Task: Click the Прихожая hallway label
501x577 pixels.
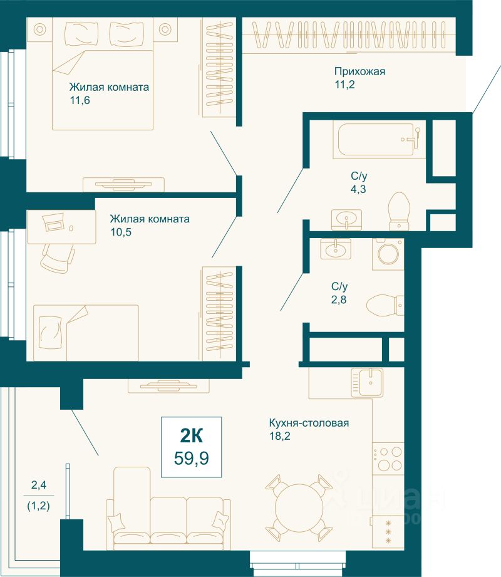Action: click(359, 71)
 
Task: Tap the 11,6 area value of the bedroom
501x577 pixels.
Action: click(80, 100)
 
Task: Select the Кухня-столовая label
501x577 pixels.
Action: click(309, 423)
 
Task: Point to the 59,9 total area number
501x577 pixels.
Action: click(191, 459)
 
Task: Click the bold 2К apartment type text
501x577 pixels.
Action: click(191, 436)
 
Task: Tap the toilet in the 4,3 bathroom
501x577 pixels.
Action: click(399, 211)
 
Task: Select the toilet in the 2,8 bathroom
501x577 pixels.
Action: click(385, 304)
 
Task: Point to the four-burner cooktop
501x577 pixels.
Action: click(388, 458)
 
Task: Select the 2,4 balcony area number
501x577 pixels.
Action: click(39, 485)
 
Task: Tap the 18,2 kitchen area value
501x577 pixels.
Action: click(279, 437)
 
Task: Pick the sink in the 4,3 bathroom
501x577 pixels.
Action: click(346, 220)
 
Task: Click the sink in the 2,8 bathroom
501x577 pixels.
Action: click(336, 249)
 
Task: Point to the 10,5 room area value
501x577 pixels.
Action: click(121, 232)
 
